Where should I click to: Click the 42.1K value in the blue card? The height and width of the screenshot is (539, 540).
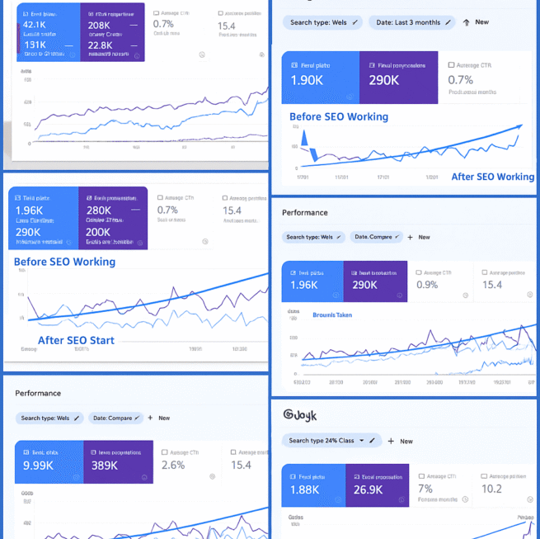pos(34,25)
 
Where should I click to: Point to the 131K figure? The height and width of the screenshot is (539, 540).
pos(35,45)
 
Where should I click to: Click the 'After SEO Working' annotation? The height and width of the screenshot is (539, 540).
pos(492,177)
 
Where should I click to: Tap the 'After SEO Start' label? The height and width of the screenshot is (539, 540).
pos(76,340)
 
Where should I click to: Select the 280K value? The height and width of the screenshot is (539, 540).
pos(103,210)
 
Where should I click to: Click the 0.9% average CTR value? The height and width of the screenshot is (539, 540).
pos(427,285)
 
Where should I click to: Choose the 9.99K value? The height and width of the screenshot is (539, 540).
pos(39,465)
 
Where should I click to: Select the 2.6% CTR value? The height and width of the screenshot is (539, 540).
pos(173,465)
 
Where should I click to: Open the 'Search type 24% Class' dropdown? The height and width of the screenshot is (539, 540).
pos(333,441)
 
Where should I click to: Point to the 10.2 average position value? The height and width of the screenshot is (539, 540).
pos(491,489)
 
